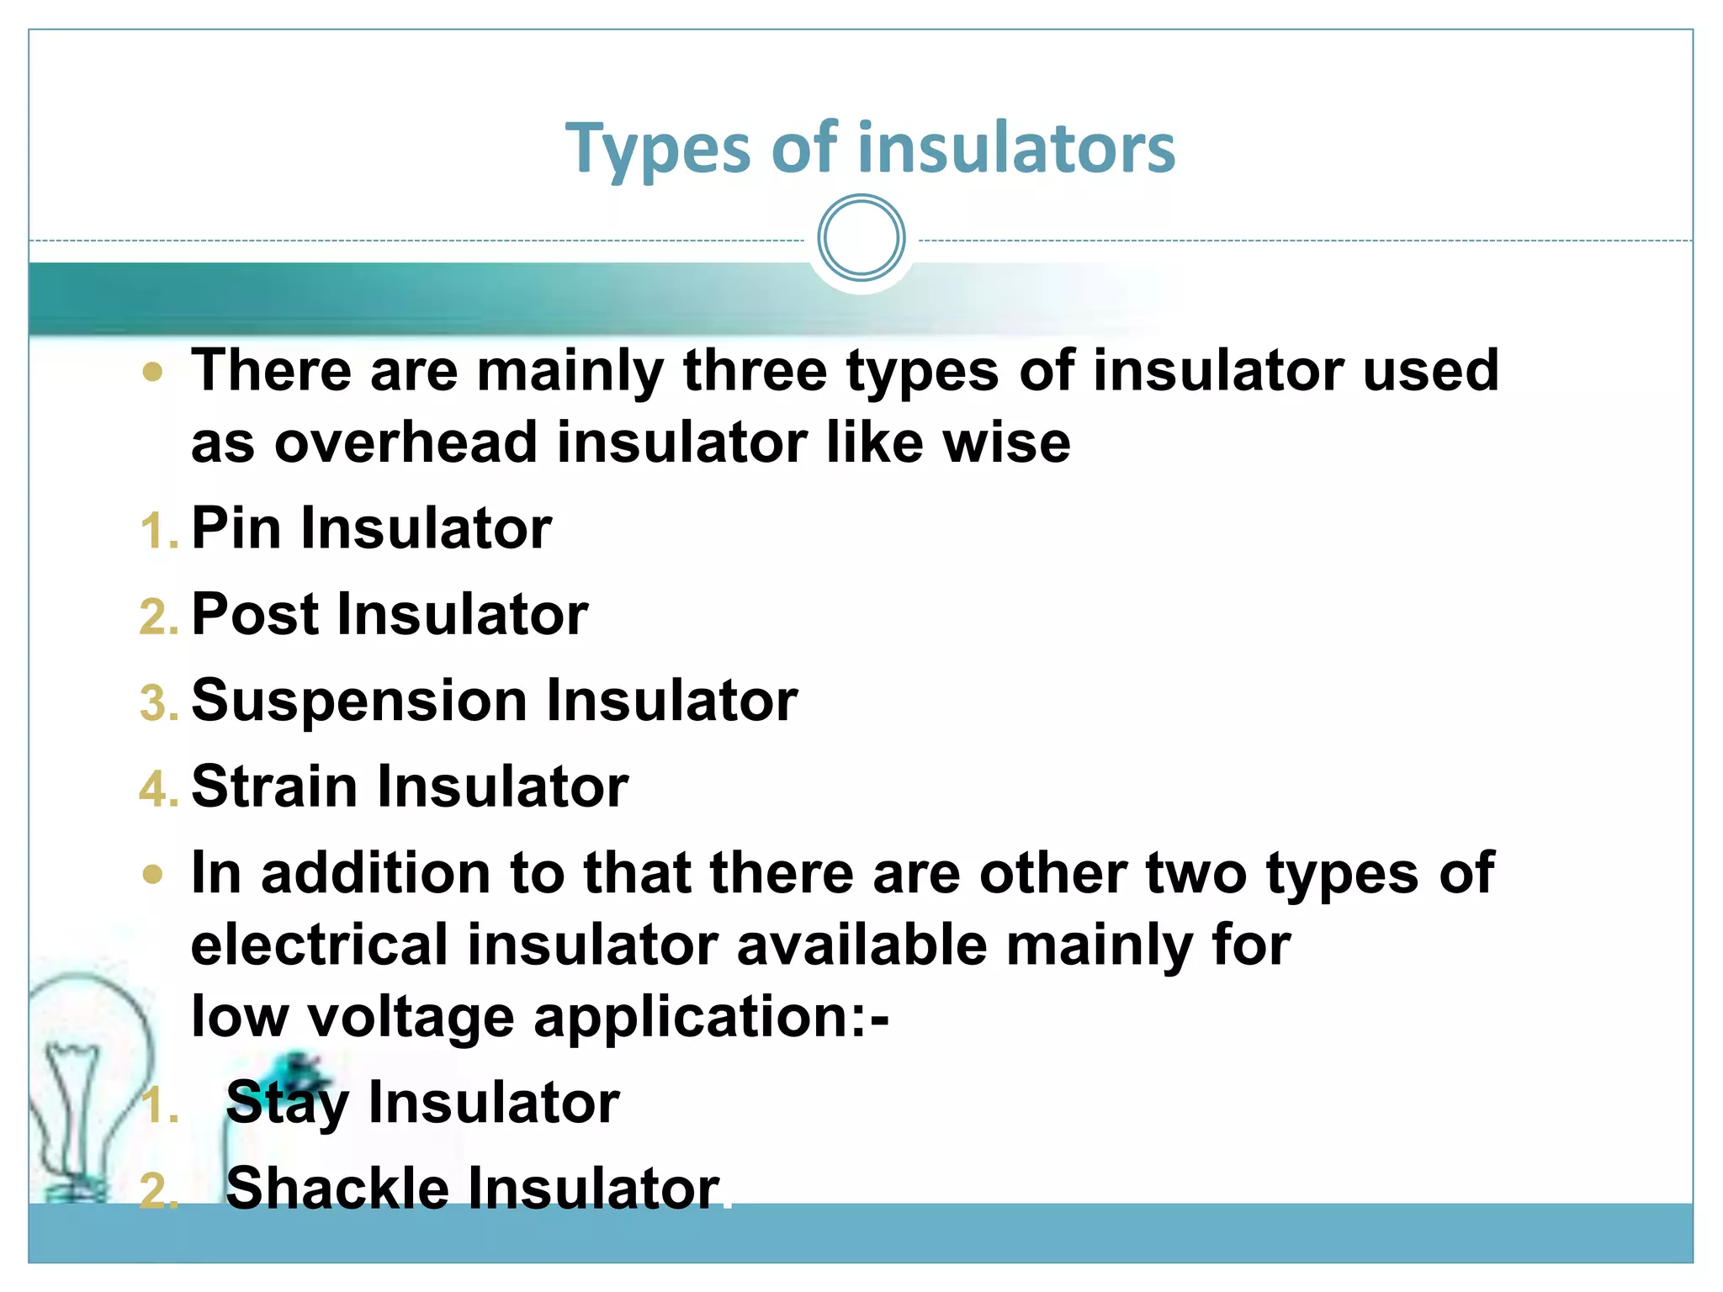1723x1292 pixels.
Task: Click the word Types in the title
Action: click(657, 150)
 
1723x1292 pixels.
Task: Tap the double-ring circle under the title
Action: click(861, 238)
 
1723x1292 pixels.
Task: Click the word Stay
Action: click(287, 1103)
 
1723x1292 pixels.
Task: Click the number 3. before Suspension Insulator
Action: click(158, 705)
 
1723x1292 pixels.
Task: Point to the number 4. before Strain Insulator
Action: click(158, 791)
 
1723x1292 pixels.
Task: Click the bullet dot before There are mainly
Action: click(152, 372)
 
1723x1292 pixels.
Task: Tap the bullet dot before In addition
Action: click(152, 875)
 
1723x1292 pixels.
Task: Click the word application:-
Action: click(711, 1017)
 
